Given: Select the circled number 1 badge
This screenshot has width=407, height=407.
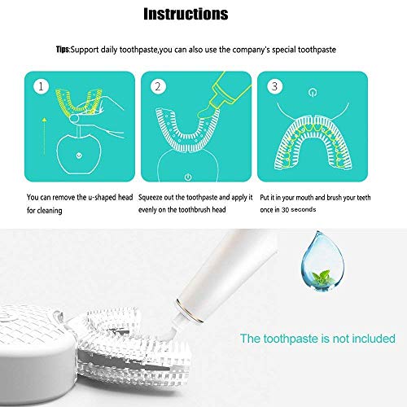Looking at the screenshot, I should click(x=38, y=85).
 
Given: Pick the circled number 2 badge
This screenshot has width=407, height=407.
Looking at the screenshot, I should click(x=159, y=85).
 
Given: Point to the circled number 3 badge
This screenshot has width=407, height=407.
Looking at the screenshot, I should click(x=277, y=85).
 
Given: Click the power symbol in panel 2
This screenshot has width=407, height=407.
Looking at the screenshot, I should click(x=188, y=175).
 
